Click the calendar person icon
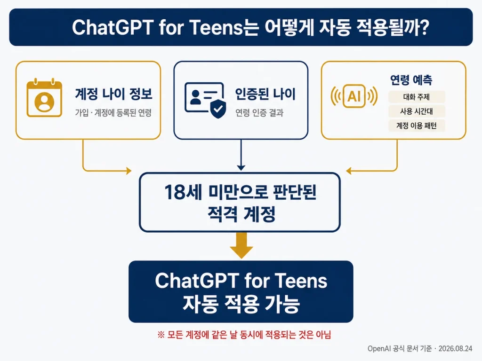tap(44, 98)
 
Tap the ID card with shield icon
tap(205, 100)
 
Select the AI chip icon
tap(354, 96)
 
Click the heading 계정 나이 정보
tap(114, 94)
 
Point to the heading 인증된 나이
tap(265, 94)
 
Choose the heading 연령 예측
tap(411, 80)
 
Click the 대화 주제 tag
tap(417, 97)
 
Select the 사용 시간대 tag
tap(417, 111)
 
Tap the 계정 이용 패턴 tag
tap(417, 126)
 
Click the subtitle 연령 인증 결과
tap(259, 113)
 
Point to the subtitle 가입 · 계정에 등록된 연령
tap(113, 113)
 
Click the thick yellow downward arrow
tap(241, 245)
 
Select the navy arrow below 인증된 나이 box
tap(241, 155)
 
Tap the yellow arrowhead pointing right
tap(129, 170)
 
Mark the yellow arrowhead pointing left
tap(349, 171)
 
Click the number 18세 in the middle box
tap(183, 192)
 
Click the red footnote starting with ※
tap(244, 334)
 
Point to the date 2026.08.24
tap(455, 348)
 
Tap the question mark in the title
tap(424, 27)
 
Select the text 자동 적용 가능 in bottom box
tap(241, 304)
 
